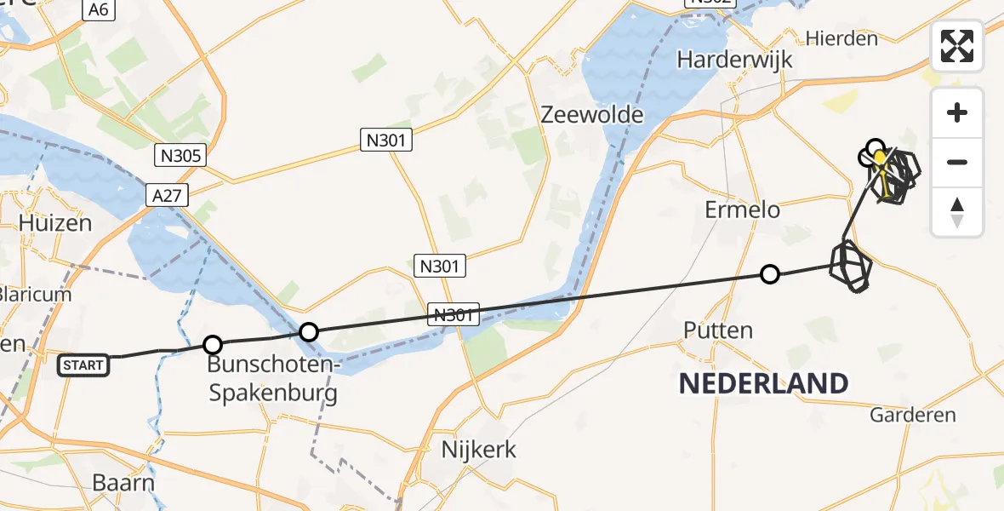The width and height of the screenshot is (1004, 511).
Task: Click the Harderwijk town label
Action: tap(734, 60)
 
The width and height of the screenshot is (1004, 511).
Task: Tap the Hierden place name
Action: tap(841, 38)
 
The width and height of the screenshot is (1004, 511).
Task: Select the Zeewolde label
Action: tap(593, 114)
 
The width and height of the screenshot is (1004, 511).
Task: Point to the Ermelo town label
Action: tap(742, 209)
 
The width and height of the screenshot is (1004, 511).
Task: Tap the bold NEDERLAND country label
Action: tap(763, 383)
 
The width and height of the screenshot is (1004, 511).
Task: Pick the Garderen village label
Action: tap(913, 416)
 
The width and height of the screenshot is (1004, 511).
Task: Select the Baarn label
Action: tap(123, 483)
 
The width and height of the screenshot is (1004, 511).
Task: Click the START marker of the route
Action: tap(83, 365)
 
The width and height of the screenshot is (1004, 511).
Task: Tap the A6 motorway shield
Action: tap(99, 9)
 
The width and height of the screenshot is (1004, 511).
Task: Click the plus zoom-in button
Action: tap(957, 113)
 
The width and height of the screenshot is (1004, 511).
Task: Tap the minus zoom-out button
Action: tap(957, 162)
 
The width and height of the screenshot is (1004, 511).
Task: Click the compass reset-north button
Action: tap(957, 212)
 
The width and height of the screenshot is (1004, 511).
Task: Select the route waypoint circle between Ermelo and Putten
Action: tap(769, 274)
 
